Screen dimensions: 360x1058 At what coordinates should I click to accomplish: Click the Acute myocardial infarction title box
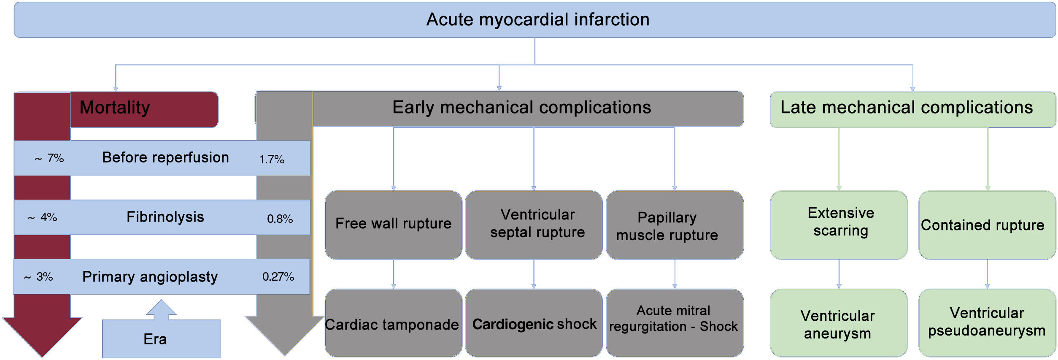(x=534, y=20)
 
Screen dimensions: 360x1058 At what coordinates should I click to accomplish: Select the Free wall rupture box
(x=393, y=225)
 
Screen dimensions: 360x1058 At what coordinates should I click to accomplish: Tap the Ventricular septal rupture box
(x=534, y=225)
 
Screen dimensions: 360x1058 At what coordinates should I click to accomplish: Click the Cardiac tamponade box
(x=393, y=323)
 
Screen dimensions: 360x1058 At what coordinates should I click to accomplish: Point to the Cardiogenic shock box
(x=534, y=323)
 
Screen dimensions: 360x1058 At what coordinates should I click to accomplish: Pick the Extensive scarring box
(x=839, y=225)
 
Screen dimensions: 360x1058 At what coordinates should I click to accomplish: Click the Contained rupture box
(x=987, y=225)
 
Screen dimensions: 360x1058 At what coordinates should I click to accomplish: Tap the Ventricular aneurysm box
(x=839, y=323)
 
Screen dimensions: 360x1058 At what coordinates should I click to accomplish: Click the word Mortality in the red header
(x=115, y=108)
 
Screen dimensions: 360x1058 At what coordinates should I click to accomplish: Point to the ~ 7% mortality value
(x=49, y=158)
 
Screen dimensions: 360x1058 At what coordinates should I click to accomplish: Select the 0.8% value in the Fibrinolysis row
(x=280, y=219)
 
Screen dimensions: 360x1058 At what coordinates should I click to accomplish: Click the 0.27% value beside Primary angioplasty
(x=278, y=277)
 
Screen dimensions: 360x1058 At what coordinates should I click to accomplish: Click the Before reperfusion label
(x=165, y=157)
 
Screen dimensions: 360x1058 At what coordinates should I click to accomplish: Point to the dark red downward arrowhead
(x=42, y=336)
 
